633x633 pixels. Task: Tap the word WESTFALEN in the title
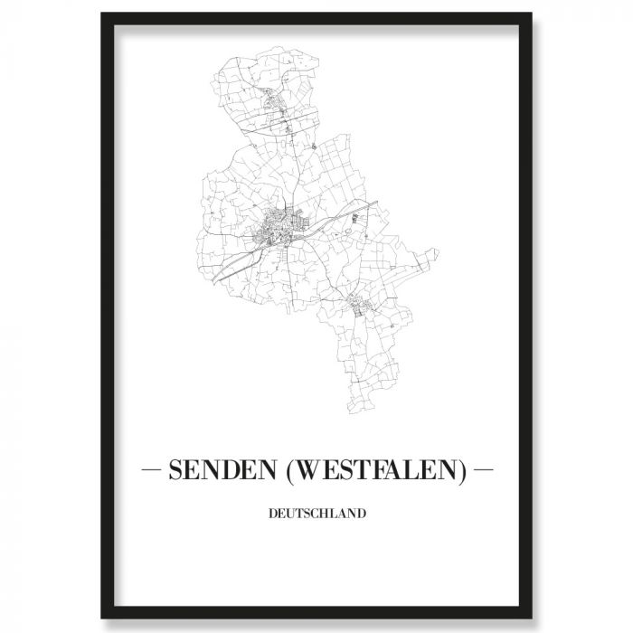tap(375, 471)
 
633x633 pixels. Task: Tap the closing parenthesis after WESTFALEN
tap(466, 471)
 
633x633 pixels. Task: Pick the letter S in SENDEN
tap(174, 471)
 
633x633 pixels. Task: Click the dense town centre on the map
tap(280, 227)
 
